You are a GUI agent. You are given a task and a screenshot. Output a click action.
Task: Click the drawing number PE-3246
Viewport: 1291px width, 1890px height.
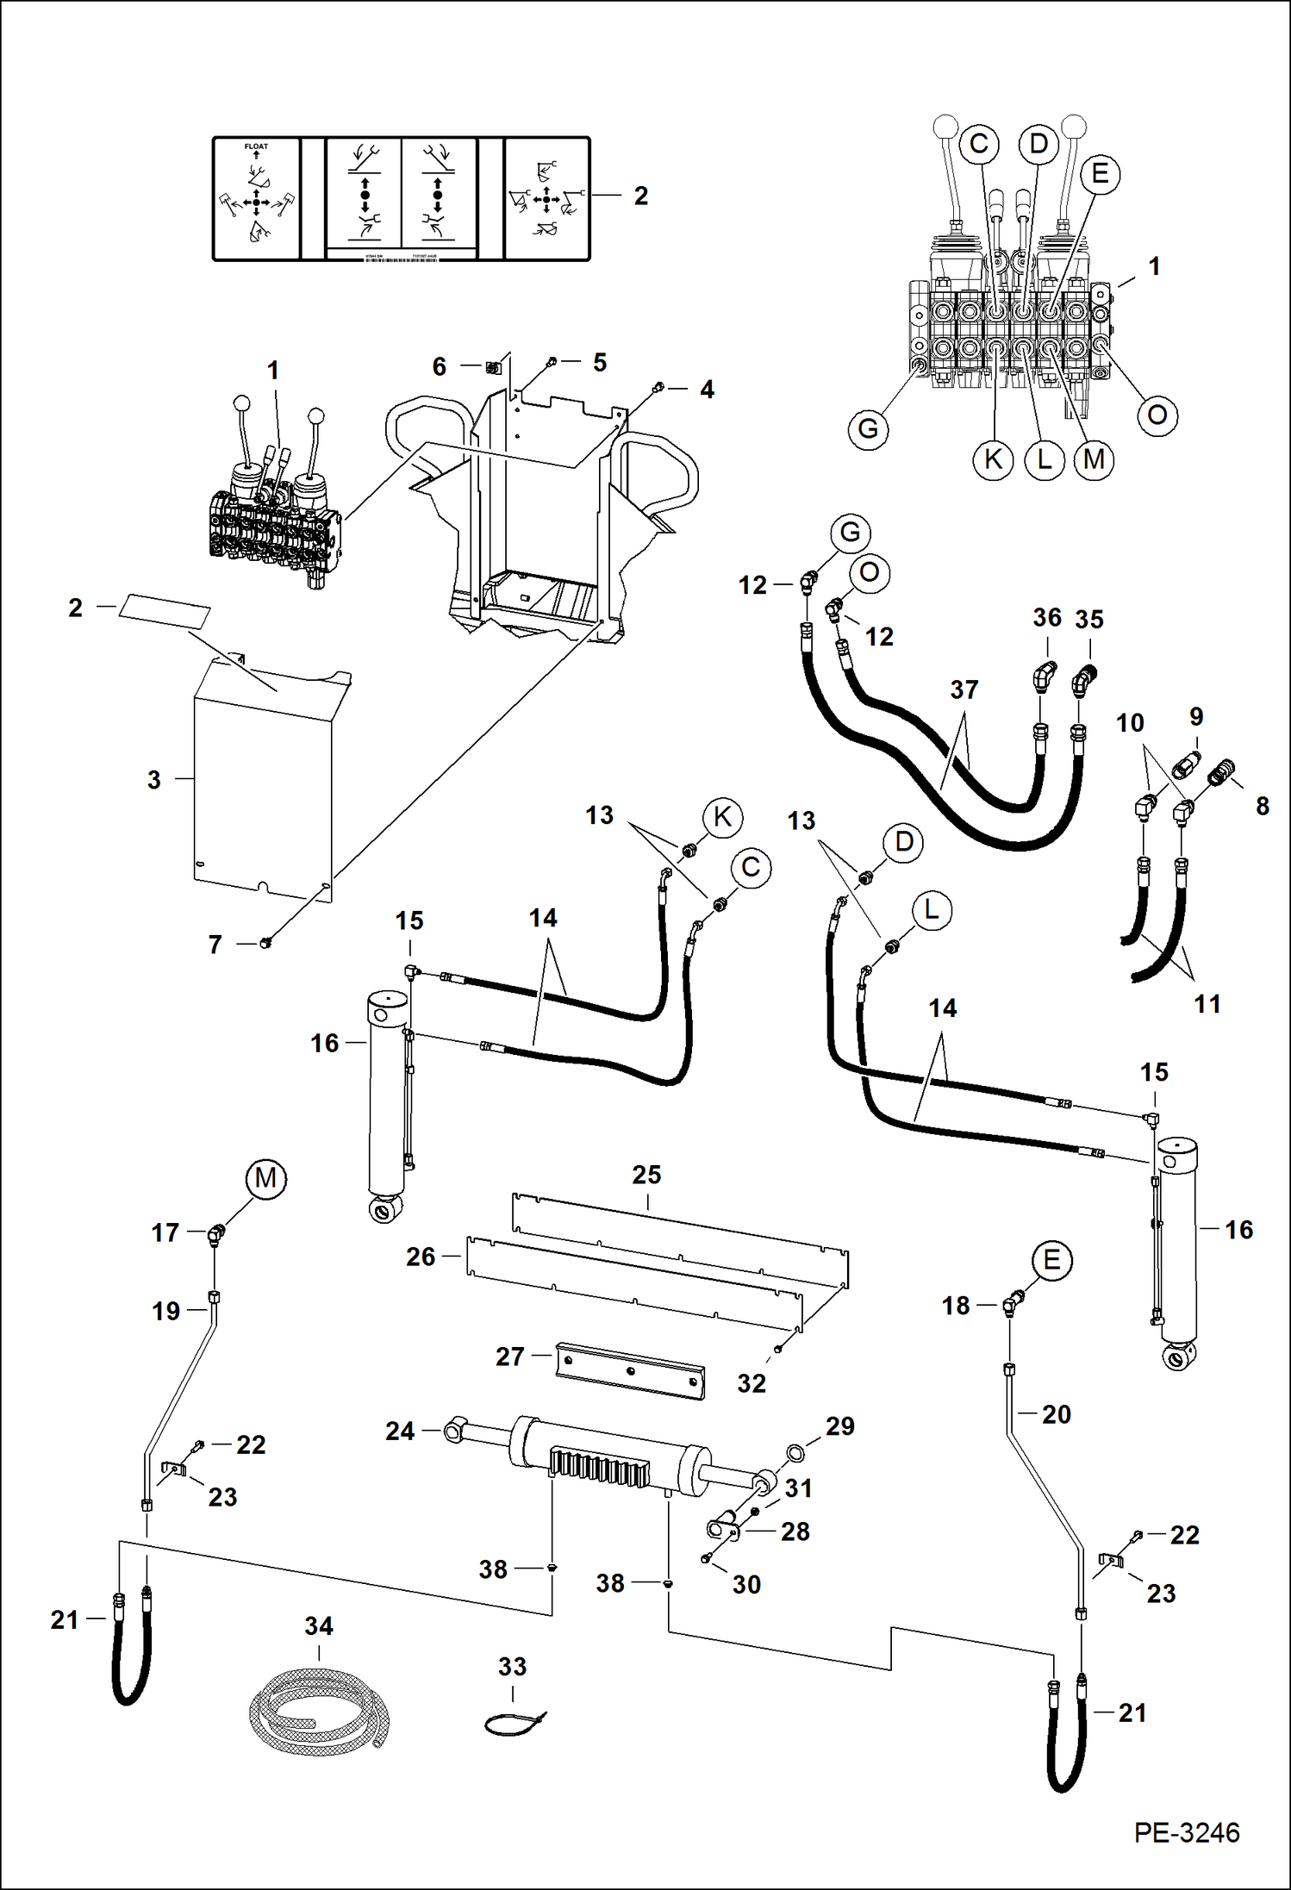tap(1186, 1832)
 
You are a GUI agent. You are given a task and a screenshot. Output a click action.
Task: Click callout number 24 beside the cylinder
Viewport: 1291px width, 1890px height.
tap(400, 1432)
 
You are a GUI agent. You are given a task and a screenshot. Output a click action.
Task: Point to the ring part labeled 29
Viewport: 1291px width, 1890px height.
tap(795, 1454)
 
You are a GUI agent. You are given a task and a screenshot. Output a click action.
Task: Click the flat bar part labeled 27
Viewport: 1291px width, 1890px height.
tap(630, 1369)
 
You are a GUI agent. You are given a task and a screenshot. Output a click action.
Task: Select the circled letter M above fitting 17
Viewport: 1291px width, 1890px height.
tap(265, 1178)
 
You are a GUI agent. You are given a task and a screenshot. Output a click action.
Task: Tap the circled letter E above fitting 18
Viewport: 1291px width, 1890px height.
tap(1051, 1261)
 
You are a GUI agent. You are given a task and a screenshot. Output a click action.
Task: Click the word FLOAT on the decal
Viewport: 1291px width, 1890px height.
tap(256, 147)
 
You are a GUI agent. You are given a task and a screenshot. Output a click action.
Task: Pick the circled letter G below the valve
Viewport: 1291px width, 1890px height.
tap(868, 428)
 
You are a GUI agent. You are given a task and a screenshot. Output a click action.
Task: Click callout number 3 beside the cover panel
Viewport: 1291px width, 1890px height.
tap(154, 780)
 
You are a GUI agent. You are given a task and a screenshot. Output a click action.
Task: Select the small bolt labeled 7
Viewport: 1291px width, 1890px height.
tap(265, 943)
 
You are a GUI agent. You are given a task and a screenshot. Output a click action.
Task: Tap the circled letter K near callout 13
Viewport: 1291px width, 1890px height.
tap(722, 817)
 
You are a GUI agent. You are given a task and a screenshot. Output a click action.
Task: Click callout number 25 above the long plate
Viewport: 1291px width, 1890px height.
tap(646, 1175)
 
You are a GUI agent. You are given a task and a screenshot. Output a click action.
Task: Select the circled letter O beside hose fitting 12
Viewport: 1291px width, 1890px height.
tap(869, 572)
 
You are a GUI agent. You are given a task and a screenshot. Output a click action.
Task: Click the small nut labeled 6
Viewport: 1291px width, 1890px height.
tap(492, 368)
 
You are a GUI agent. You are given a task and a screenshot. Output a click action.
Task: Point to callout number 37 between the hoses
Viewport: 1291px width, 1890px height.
tap(964, 689)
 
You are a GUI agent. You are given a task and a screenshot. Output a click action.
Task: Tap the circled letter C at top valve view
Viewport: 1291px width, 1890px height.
tap(978, 144)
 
